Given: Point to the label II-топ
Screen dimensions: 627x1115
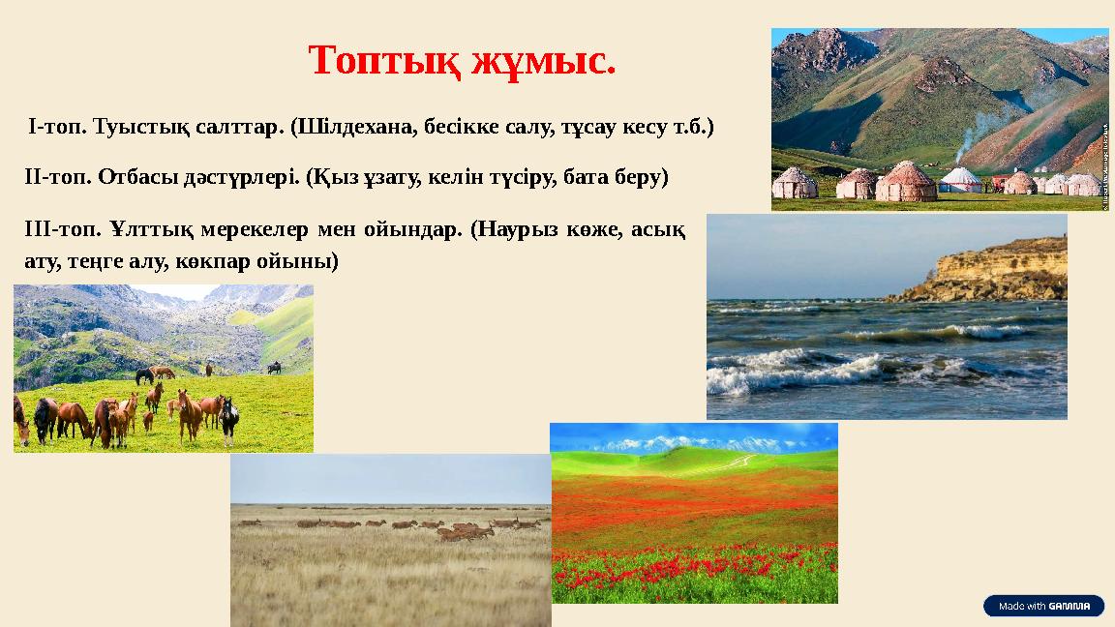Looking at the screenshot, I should [x=57, y=178].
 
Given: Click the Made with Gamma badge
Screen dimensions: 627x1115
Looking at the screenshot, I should [x=1043, y=607].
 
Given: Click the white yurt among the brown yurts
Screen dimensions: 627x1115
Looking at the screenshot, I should [x=960, y=180].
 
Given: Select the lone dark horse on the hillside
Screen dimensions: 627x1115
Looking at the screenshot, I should [x=274, y=368].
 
